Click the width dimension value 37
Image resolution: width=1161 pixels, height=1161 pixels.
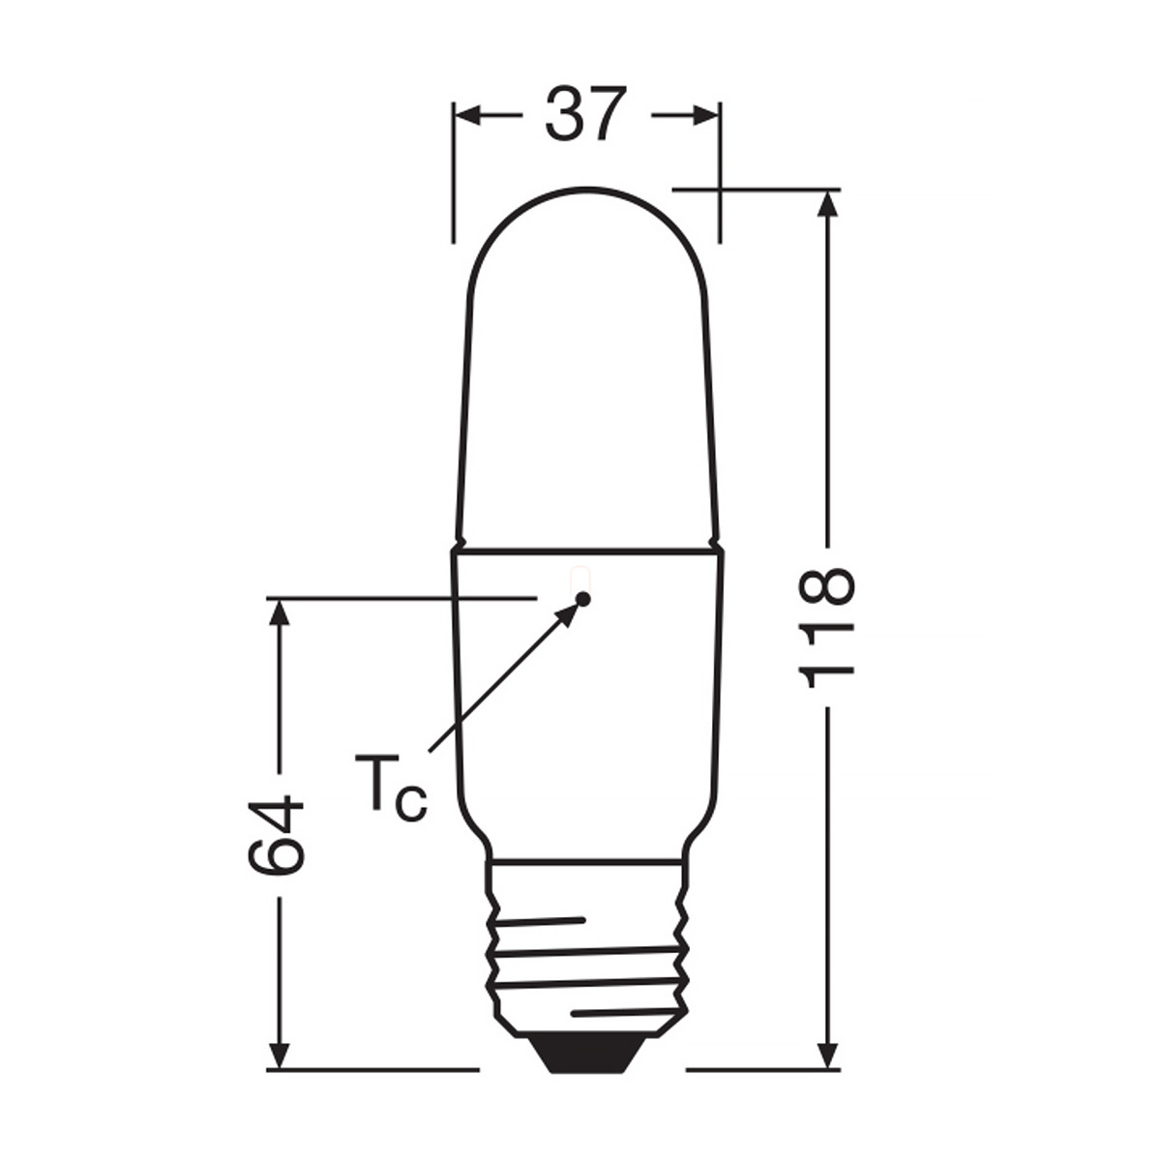click(x=585, y=114)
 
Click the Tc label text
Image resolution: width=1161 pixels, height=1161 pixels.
click(x=391, y=786)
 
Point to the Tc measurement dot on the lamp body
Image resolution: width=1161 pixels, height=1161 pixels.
click(x=582, y=599)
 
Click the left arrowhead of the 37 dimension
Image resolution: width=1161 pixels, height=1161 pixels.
click(x=468, y=114)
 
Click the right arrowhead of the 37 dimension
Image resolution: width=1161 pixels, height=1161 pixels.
click(x=705, y=114)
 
